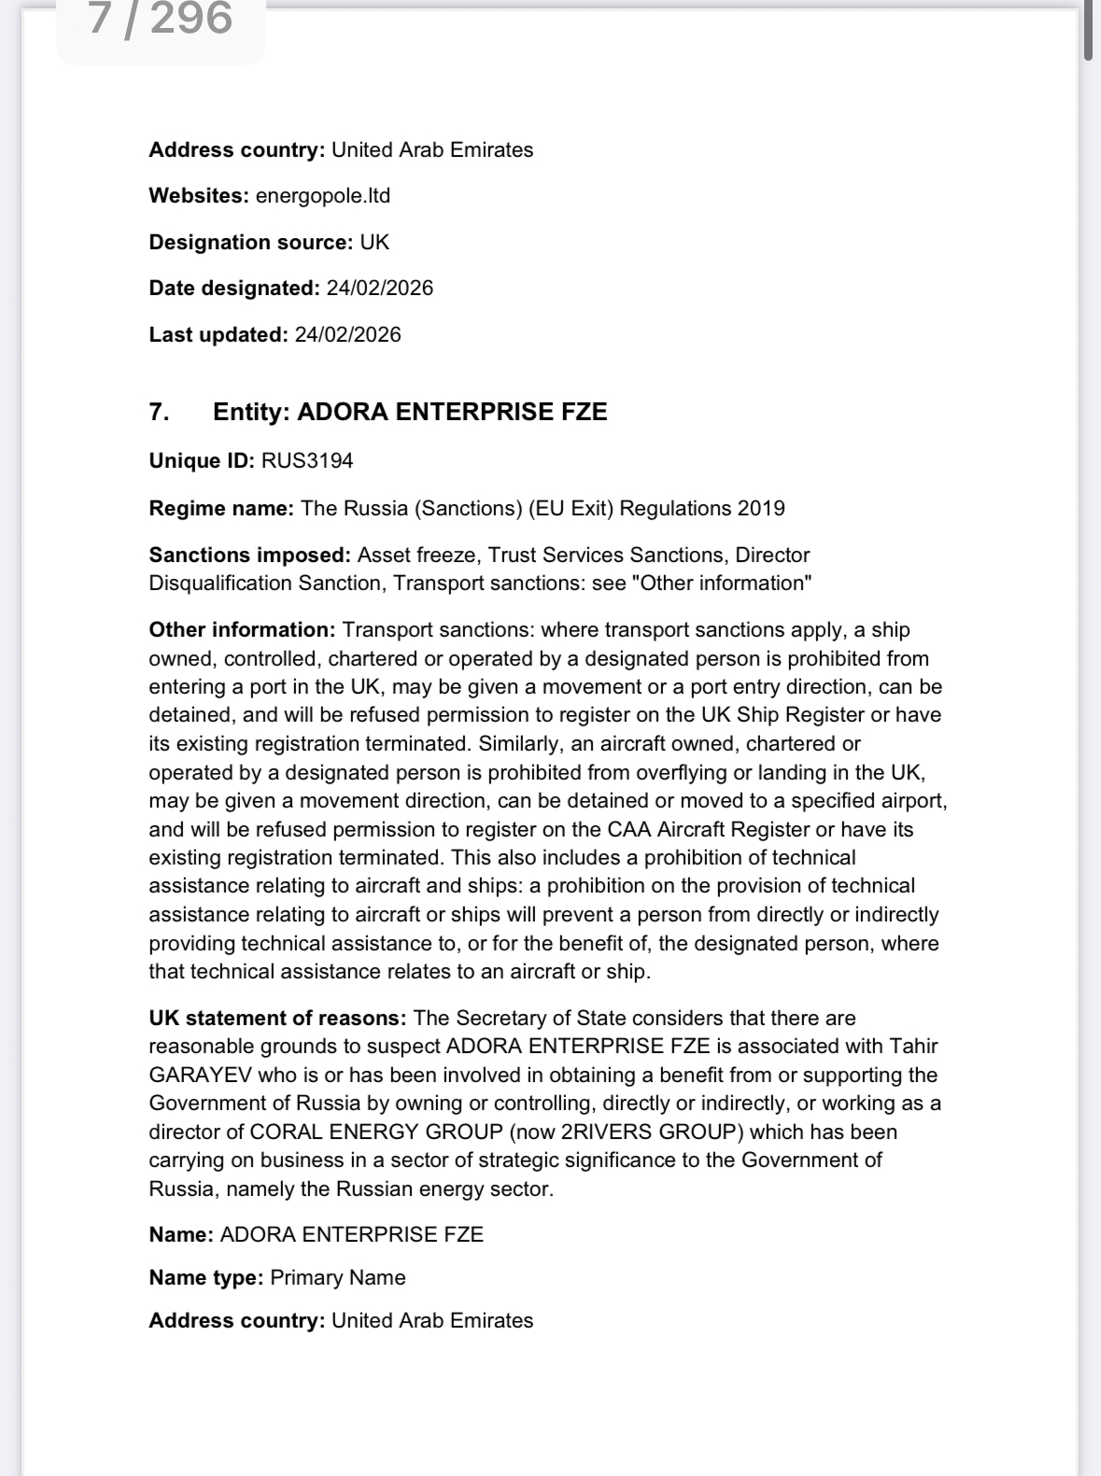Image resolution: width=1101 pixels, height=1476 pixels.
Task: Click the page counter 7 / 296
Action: pyautogui.click(x=161, y=19)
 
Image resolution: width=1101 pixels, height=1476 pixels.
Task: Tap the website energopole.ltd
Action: pyautogui.click(x=322, y=196)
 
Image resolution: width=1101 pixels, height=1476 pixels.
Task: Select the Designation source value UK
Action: pyautogui.click(x=374, y=243)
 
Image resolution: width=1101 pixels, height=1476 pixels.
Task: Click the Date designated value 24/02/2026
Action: pyautogui.click(x=379, y=288)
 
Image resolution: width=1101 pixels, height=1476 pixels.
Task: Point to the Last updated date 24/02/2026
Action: pyautogui.click(x=347, y=335)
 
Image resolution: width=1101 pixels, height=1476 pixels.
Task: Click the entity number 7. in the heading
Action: pyautogui.click(x=160, y=413)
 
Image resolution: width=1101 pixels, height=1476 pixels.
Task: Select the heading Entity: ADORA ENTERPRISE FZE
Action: pyautogui.click(x=410, y=413)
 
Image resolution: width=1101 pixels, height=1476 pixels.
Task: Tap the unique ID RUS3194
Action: pyautogui.click(x=306, y=461)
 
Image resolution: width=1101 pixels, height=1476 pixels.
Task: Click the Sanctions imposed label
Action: pyautogui.click(x=249, y=555)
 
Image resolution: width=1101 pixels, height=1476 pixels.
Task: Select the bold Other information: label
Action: pyautogui.click(x=242, y=630)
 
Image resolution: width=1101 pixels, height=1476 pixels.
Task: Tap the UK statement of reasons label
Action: pyautogui.click(x=277, y=1019)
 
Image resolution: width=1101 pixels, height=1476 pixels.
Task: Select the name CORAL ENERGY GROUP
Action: pyautogui.click(x=376, y=1132)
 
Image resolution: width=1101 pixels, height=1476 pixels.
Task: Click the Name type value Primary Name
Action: pyautogui.click(x=337, y=1278)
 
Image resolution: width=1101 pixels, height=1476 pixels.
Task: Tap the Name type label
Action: pyautogui.click(x=205, y=1278)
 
